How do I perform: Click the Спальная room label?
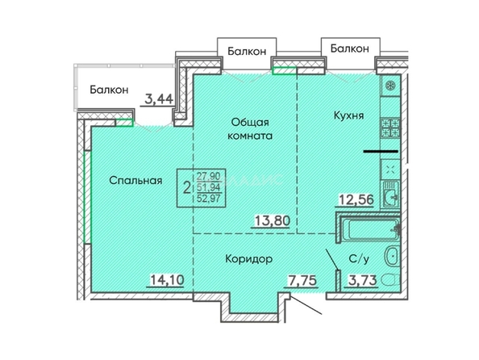click(x=135, y=181)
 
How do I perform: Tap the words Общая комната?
click(x=250, y=129)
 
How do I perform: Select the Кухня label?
click(x=348, y=115)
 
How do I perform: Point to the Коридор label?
click(x=248, y=259)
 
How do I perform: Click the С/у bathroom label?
click(x=359, y=259)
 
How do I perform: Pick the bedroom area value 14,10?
click(x=167, y=279)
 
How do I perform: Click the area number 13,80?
click(x=273, y=221)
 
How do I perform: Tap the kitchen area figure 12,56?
click(x=356, y=199)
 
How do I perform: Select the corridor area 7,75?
click(x=302, y=280)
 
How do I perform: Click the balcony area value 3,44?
click(x=159, y=99)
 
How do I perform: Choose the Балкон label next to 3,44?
click(x=109, y=90)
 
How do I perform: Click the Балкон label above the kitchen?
click(x=350, y=48)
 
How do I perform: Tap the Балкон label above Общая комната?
click(x=247, y=52)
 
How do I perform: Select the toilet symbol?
click(x=390, y=280)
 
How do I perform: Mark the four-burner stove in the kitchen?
click(x=390, y=128)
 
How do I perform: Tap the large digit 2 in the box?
click(x=186, y=188)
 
